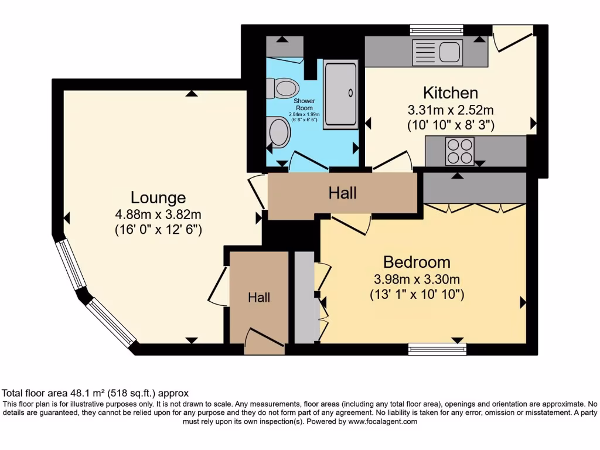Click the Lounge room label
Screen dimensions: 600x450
pyautogui.click(x=158, y=198)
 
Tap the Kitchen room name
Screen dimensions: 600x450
pyautogui.click(x=451, y=93)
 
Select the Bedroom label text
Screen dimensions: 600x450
pyautogui.click(x=417, y=262)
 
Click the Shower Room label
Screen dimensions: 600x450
pyautogui.click(x=304, y=104)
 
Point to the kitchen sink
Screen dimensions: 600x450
pyautogui.click(x=437, y=52)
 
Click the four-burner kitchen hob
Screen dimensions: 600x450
pyautogui.click(x=459, y=151)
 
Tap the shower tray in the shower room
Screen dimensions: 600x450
pyautogui.click(x=340, y=94)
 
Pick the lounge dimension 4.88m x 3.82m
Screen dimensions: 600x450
pyautogui.click(x=158, y=214)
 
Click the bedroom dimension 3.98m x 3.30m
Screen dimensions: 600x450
pyautogui.click(x=417, y=279)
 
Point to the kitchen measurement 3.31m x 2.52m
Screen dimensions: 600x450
pyautogui.click(x=451, y=110)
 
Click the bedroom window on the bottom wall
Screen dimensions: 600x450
pyautogui.click(x=437, y=349)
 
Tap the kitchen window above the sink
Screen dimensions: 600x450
pyautogui.click(x=437, y=30)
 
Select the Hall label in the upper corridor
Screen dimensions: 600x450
pyautogui.click(x=342, y=193)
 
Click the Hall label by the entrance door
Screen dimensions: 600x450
pyautogui.click(x=259, y=297)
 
